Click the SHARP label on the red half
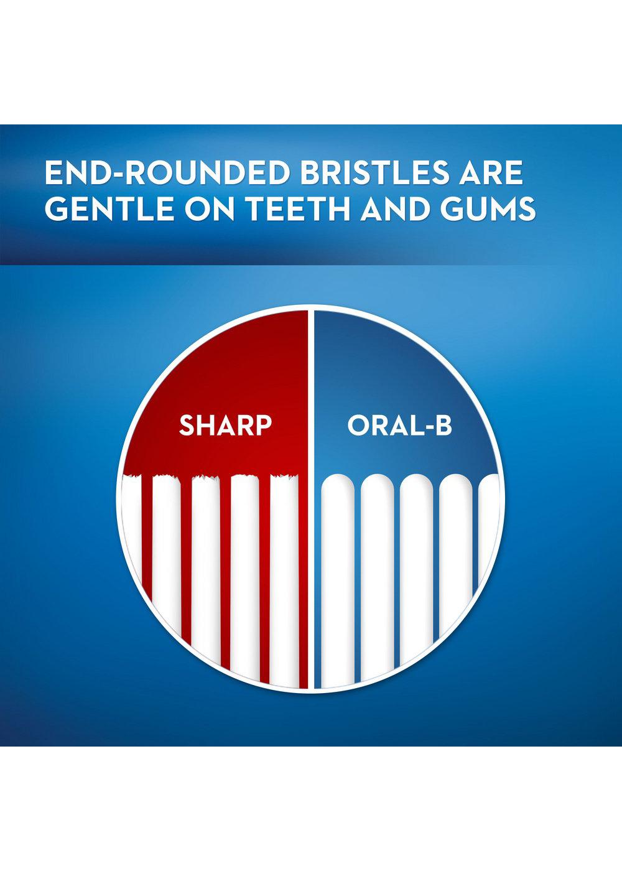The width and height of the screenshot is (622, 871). tap(225, 426)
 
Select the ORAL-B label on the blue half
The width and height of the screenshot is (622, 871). tap(399, 426)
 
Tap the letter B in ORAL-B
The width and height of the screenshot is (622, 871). tap(443, 426)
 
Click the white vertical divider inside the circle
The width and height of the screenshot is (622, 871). tap(311, 498)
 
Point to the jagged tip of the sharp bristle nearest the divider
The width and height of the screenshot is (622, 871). tap(284, 478)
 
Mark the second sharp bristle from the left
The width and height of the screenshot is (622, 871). tap(166, 560)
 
